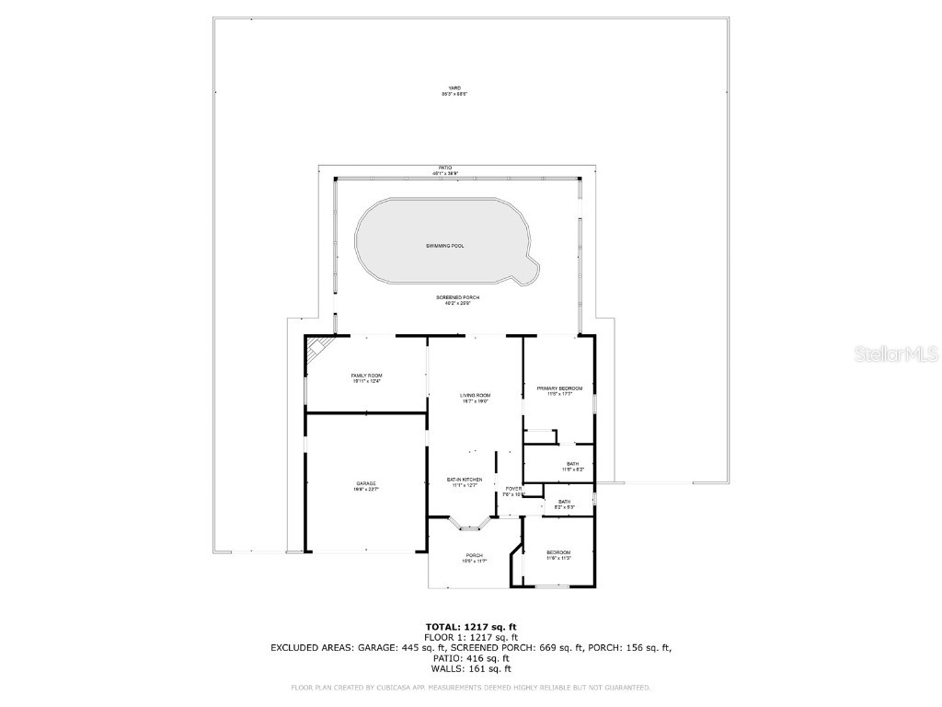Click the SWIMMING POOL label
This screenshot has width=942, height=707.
[x=444, y=247]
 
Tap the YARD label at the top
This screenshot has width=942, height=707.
[x=449, y=88]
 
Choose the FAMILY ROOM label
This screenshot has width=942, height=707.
[x=366, y=378]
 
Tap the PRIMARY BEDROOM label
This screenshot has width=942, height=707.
[x=559, y=390]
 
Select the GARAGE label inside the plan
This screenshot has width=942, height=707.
[x=366, y=485]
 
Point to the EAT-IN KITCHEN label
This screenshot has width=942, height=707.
[x=465, y=481]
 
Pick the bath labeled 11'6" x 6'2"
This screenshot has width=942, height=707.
[x=572, y=466]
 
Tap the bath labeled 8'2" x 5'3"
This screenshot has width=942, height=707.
[x=564, y=504]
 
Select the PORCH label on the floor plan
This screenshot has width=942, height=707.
[x=474, y=558]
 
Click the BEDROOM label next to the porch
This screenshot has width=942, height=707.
[x=558, y=555]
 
